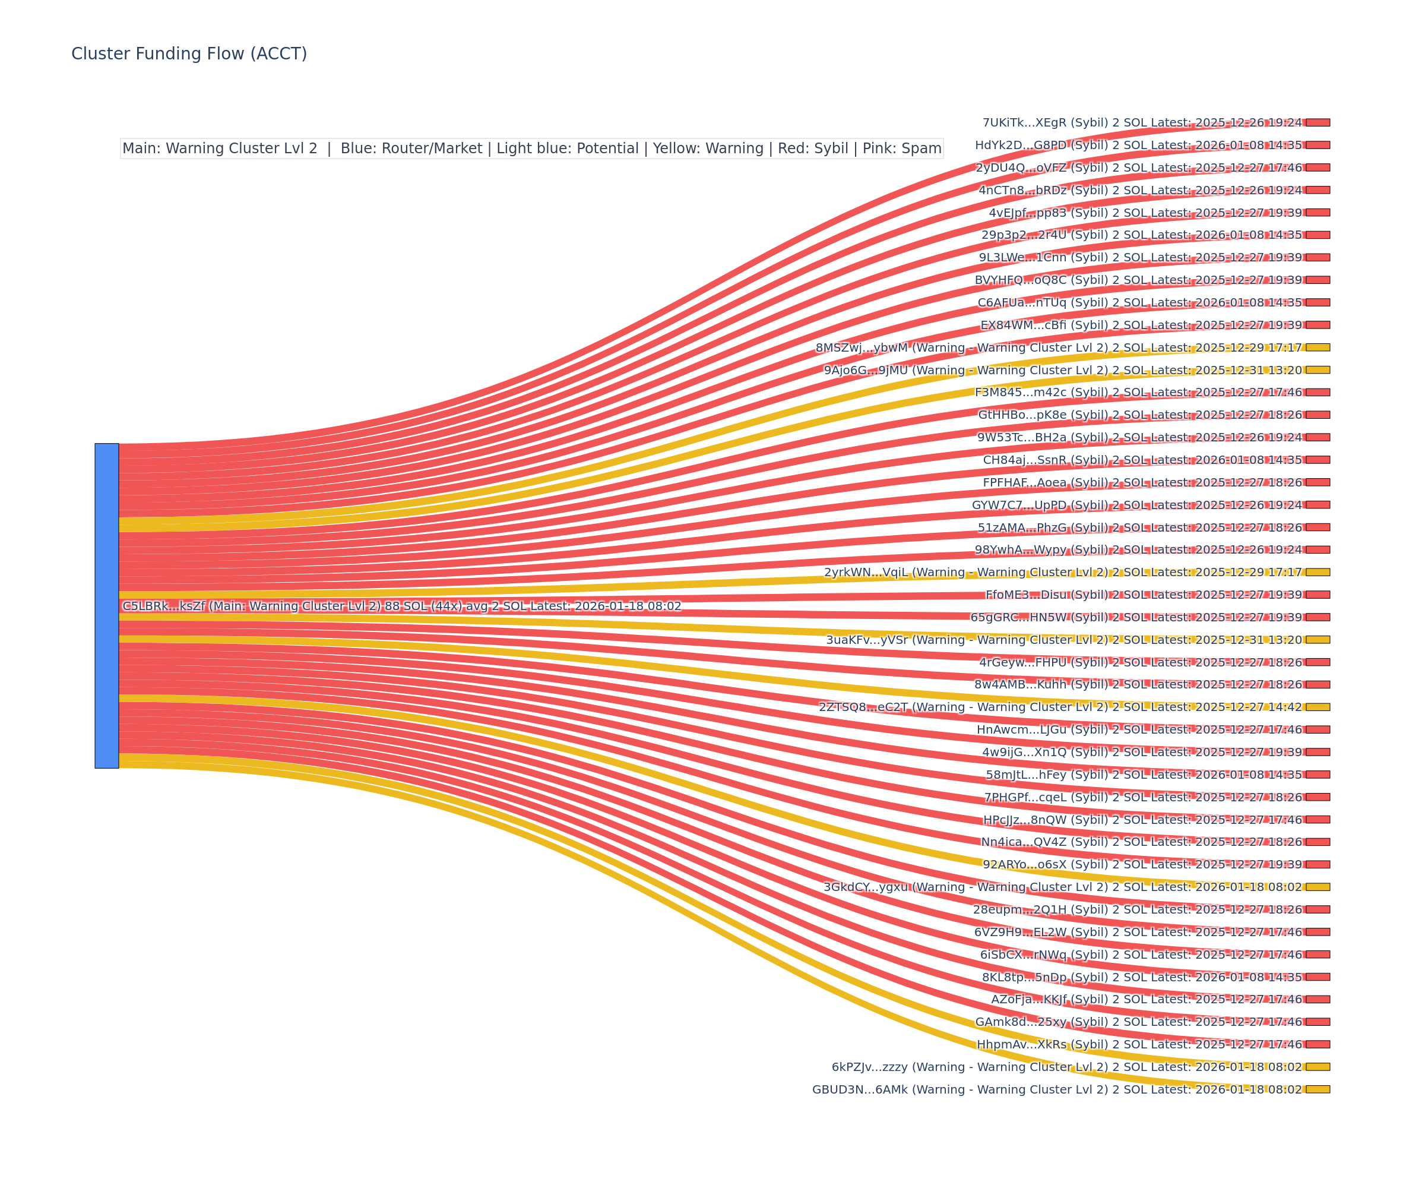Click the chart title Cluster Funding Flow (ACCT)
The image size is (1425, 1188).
pyautogui.click(x=189, y=53)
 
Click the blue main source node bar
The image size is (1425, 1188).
pyautogui.click(x=106, y=605)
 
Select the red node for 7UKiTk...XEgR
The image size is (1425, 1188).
pyautogui.click(x=1317, y=123)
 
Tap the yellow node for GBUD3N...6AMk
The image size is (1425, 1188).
pyautogui.click(x=1317, y=1089)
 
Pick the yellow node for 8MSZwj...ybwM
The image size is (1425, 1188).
pyautogui.click(x=1317, y=347)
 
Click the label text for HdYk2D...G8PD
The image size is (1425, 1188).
pyautogui.click(x=1138, y=146)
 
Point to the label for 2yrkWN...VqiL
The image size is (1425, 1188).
pyautogui.click(x=1063, y=572)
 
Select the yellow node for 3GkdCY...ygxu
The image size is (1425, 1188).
pyautogui.click(x=1317, y=887)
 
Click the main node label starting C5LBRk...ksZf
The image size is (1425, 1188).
pyautogui.click(x=402, y=606)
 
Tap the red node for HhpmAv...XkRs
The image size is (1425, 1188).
pyautogui.click(x=1317, y=1045)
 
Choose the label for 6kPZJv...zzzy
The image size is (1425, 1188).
pyautogui.click(x=1067, y=1067)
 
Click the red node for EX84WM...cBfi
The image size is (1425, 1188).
pyautogui.click(x=1317, y=325)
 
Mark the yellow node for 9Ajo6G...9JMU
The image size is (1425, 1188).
pyautogui.click(x=1317, y=370)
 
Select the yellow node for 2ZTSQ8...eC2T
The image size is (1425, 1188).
pyautogui.click(x=1317, y=707)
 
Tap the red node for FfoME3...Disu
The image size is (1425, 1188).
pyautogui.click(x=1317, y=595)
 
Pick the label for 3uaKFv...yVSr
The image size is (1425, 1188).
pyautogui.click(x=1063, y=640)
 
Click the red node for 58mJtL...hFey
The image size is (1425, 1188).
pyautogui.click(x=1317, y=775)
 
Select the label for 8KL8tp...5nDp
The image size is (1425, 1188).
pyautogui.click(x=1142, y=978)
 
